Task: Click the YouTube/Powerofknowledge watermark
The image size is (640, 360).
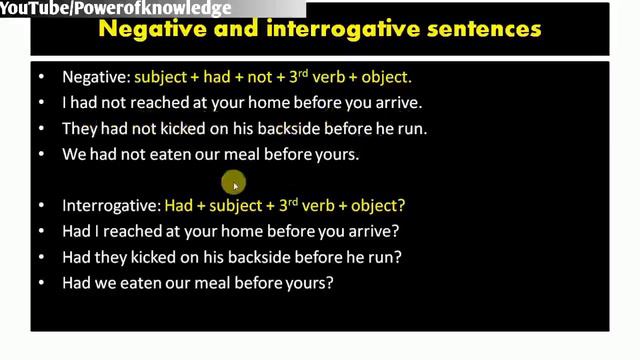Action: pyautogui.click(x=116, y=9)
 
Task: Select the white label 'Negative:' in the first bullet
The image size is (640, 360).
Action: pyautogui.click(x=95, y=76)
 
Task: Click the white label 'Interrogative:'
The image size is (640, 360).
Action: pyautogui.click(x=111, y=206)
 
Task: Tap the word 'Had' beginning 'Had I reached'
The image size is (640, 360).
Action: pyautogui.click(x=76, y=231)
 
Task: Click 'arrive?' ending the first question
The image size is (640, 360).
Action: pyautogui.click(x=375, y=231)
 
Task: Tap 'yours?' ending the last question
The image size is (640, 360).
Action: pyautogui.click(x=312, y=283)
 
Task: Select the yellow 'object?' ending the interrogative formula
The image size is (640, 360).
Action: pyautogui.click(x=376, y=206)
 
